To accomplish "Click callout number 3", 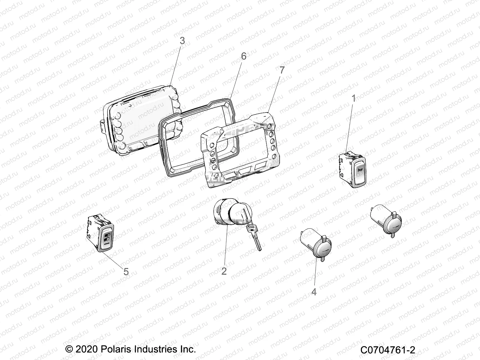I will pyautogui.click(x=182, y=41).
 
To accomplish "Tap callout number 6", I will pyautogui.click(x=243, y=56).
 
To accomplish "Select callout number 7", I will pyautogui.click(x=281, y=70).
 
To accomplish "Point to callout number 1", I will pyautogui.click(x=354, y=98).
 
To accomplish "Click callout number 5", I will pyautogui.click(x=126, y=271).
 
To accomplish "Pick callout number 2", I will pyautogui.click(x=224, y=271).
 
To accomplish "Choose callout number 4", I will pyautogui.click(x=314, y=291).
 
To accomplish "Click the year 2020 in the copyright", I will pyautogui.click(x=85, y=349).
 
